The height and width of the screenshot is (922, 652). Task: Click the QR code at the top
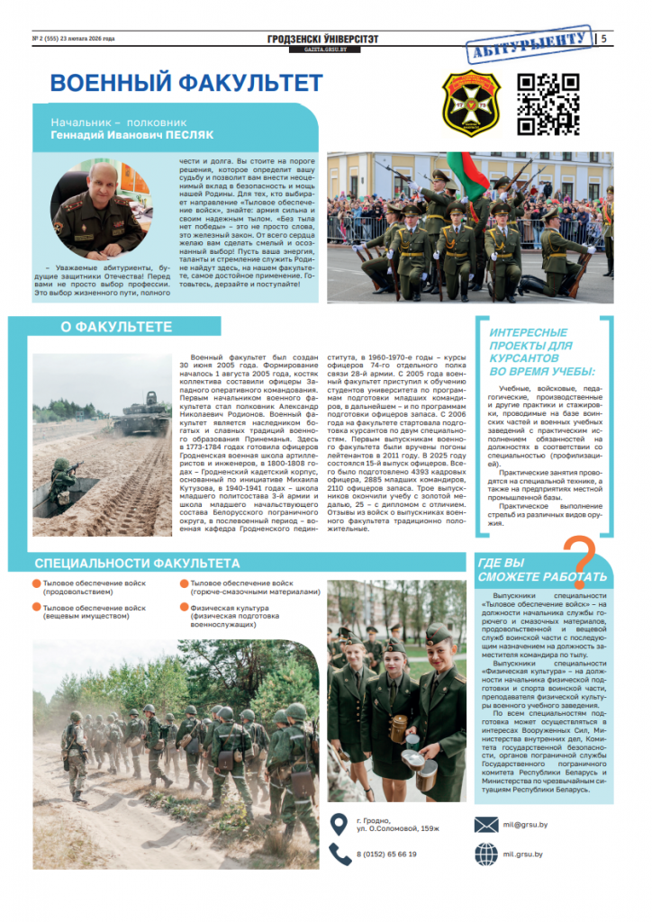tap(551, 104)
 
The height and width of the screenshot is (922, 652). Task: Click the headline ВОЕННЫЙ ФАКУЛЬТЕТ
tap(186, 84)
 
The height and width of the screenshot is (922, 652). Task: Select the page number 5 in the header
tap(603, 39)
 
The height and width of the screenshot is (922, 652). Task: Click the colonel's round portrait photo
tap(97, 210)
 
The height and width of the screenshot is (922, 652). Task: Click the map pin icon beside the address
tap(339, 823)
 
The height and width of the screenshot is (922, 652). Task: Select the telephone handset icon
tap(340, 854)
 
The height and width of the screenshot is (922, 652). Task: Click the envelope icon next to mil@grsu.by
tap(486, 824)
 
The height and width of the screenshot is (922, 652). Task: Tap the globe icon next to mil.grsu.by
tap(486, 854)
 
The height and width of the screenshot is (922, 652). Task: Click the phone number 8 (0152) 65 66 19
tap(387, 854)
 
